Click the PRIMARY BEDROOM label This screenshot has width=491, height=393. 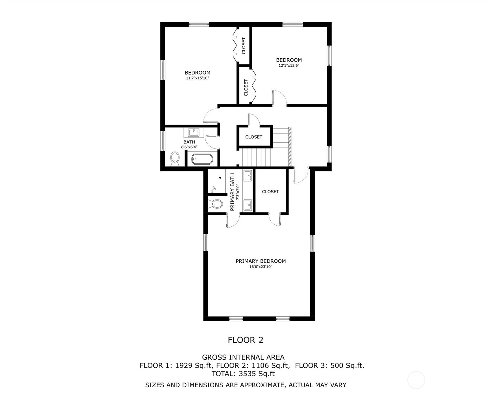(x=261, y=261)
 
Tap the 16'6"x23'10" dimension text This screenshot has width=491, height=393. (x=261, y=267)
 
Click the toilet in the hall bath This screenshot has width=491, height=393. (x=175, y=158)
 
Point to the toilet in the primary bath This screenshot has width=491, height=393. (x=216, y=204)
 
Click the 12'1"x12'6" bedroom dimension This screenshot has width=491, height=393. (x=289, y=66)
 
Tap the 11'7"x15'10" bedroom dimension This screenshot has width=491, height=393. (x=197, y=78)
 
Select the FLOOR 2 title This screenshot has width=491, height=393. (x=245, y=340)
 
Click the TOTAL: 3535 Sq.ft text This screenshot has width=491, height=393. (x=243, y=374)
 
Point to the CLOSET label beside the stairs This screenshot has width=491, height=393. (x=254, y=137)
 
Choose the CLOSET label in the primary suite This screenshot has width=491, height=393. (x=270, y=192)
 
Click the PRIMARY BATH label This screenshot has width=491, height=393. (x=232, y=192)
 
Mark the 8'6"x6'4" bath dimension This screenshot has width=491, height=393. (x=189, y=147)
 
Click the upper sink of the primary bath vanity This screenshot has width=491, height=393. (x=248, y=175)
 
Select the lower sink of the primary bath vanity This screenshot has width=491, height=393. (x=248, y=205)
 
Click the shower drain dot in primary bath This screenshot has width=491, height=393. (x=220, y=178)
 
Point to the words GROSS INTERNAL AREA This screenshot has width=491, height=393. (x=243, y=357)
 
